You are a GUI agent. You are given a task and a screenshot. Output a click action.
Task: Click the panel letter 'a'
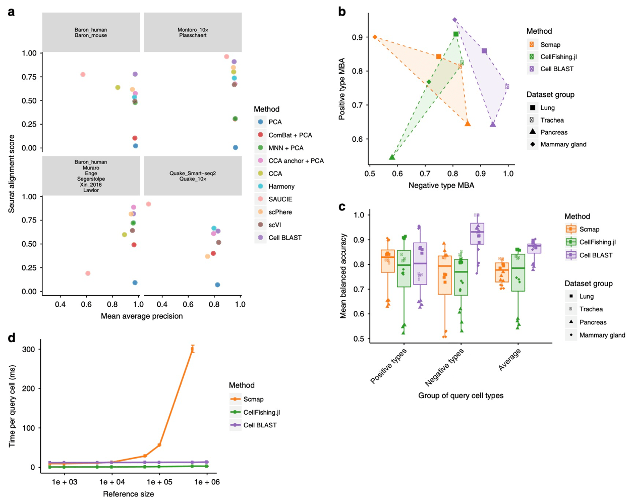pos(11,12)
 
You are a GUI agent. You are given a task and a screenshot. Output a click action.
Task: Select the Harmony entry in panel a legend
pos(281,186)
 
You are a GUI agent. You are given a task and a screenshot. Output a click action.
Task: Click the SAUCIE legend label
pos(280,199)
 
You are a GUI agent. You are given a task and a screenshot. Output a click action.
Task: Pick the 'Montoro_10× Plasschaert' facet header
pos(193,33)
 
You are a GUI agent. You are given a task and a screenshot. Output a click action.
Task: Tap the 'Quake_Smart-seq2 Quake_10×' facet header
pos(193,176)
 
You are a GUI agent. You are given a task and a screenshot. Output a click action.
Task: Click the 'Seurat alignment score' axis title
pos(11,173)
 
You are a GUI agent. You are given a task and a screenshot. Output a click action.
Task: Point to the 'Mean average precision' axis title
pos(142,316)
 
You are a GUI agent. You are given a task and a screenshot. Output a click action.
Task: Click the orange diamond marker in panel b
pos(375,37)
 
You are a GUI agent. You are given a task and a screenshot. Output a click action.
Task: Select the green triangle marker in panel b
pos(392,157)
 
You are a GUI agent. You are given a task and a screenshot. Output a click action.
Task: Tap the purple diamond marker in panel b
pos(454,20)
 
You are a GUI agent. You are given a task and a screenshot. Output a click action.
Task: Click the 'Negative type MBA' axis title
pos(441,186)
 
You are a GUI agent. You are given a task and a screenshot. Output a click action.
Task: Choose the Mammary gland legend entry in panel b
pos(563,144)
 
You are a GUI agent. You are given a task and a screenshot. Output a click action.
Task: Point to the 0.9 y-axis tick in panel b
pos(357,37)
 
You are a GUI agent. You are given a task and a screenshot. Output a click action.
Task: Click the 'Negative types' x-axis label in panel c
pos(444,367)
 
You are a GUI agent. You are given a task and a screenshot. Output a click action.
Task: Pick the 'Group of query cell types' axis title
pos(461,396)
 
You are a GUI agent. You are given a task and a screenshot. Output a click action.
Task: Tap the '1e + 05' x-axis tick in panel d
pos(159,482)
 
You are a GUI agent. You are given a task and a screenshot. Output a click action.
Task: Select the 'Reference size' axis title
pos(128,494)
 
